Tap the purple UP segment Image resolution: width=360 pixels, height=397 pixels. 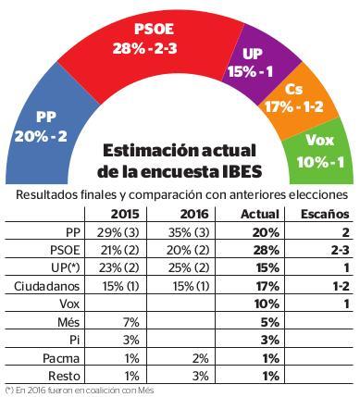tap(256, 63)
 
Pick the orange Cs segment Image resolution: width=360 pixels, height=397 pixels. tap(296, 99)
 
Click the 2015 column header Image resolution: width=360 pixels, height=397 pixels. tap(125, 214)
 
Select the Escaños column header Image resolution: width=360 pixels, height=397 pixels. tap(325, 214)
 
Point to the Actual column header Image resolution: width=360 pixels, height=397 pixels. tap(260, 214)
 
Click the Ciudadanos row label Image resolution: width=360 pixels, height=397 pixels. tap(47, 286)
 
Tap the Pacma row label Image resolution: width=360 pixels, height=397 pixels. tap(61, 358)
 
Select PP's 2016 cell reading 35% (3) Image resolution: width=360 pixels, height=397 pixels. tap(189, 232)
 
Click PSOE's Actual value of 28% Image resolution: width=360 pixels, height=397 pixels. tap(266, 250)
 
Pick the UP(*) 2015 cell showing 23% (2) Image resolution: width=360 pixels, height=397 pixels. tap(119, 268)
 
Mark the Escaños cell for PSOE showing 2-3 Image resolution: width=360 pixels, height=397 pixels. tap(341, 250)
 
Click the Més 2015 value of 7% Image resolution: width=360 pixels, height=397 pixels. tap(130, 322)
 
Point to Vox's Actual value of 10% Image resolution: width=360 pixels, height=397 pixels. tap(267, 304)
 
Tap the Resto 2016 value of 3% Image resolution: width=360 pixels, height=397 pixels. tap(201, 377)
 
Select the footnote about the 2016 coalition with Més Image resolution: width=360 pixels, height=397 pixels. tap(80, 391)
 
